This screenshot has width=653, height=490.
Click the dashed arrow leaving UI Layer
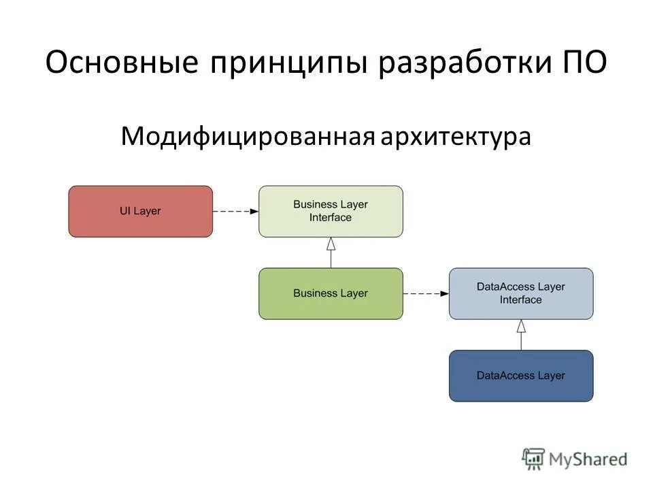[x=235, y=212]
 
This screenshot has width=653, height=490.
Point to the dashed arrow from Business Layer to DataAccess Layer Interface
[x=426, y=294]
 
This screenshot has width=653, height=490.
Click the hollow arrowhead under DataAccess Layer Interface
[x=521, y=326]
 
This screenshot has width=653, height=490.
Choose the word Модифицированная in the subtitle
[x=248, y=137]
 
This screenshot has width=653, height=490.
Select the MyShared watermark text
[x=588, y=459]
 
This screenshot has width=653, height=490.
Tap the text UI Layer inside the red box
[x=140, y=211]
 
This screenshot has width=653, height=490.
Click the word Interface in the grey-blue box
[x=521, y=300]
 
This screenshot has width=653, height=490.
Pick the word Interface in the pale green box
[x=331, y=218]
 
